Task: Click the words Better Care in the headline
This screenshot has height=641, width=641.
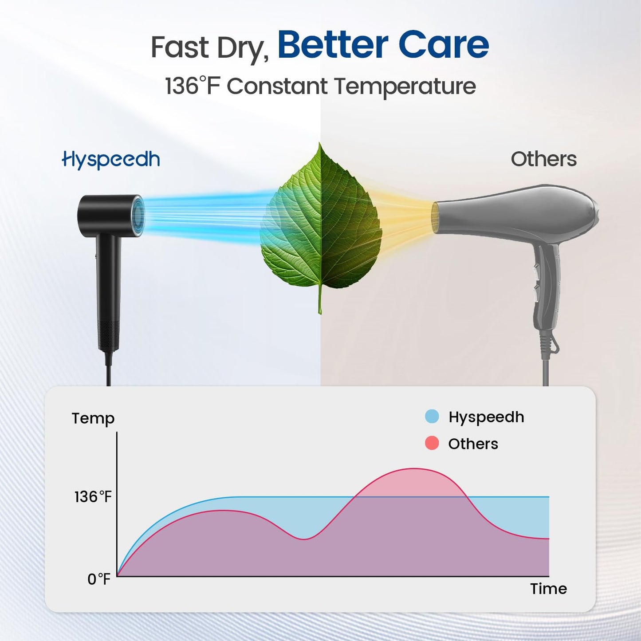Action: [x=383, y=45]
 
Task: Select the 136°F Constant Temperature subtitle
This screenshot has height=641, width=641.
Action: [x=320, y=86]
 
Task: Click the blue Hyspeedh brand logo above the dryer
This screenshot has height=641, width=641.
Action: [x=111, y=160]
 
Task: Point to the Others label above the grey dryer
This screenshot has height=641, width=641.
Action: [x=543, y=159]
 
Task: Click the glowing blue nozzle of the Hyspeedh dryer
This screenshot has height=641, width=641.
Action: [x=138, y=216]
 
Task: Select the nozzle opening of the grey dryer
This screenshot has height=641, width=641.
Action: [x=436, y=217]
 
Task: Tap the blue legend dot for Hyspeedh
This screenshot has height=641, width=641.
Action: [x=432, y=417]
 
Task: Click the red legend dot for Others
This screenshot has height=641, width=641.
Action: [x=432, y=443]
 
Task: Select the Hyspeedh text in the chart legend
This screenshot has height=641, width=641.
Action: [x=486, y=417]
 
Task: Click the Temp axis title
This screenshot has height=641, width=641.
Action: [x=93, y=418]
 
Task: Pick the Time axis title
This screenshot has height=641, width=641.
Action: [x=548, y=589]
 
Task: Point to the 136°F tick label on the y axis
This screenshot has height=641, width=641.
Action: [x=93, y=497]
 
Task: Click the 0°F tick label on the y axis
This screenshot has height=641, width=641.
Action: [x=98, y=579]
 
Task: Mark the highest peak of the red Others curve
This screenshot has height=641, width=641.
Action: [x=414, y=469]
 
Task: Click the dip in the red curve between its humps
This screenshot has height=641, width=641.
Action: [x=303, y=539]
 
